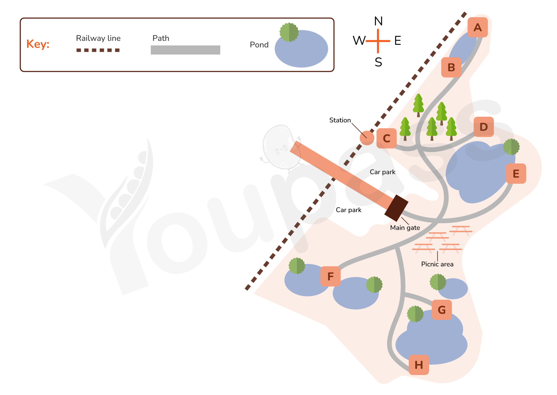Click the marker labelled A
click(x=477, y=27)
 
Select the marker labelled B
click(x=451, y=67)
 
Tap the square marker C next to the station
click(x=386, y=138)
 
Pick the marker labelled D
click(x=484, y=127)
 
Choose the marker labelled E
click(x=516, y=174)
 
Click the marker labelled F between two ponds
click(x=330, y=276)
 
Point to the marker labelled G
click(x=442, y=310)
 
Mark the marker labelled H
click(x=419, y=365)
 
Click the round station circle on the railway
click(x=367, y=138)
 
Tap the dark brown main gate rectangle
click(x=396, y=208)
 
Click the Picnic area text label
click(x=437, y=264)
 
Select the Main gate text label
click(x=405, y=228)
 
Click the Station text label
click(x=340, y=120)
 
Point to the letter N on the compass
click(x=378, y=21)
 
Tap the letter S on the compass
click(x=378, y=62)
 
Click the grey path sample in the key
click(x=185, y=50)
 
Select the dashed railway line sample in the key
click(x=98, y=50)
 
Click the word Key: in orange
click(x=38, y=44)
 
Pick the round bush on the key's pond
click(x=289, y=32)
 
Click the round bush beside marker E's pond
click(x=511, y=147)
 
